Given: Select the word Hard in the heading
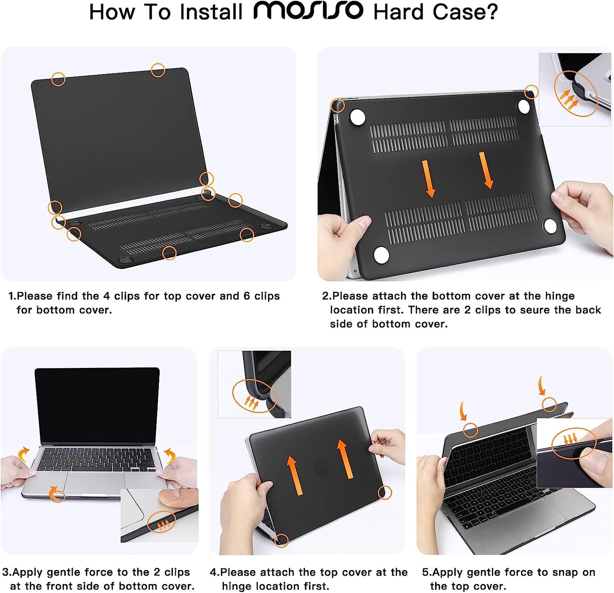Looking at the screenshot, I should click(398, 12).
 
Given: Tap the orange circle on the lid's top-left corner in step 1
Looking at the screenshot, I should click(58, 79).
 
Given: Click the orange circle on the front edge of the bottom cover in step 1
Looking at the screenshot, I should click(169, 253).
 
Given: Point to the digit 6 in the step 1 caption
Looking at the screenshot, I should click(247, 296).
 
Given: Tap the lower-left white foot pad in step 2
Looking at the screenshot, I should click(381, 255).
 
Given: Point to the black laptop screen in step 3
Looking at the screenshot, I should click(97, 406).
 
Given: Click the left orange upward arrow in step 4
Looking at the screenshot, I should click(294, 475).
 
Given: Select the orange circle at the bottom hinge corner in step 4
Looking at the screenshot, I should click(281, 540).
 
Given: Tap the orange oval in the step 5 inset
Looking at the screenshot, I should click(574, 443).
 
